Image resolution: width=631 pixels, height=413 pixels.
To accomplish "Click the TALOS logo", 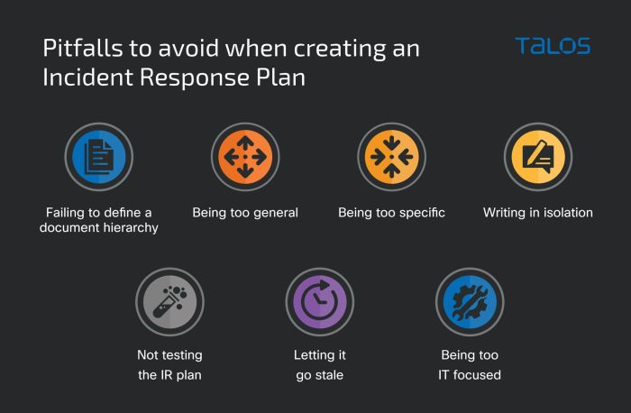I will click(552, 45).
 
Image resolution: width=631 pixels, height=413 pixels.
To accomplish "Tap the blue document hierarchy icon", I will click(98, 157).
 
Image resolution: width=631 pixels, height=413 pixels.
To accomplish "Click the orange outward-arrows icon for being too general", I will click(244, 157).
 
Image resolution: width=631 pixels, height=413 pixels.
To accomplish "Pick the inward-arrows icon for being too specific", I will click(391, 157).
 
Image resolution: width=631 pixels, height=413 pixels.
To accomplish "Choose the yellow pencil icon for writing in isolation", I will click(537, 157).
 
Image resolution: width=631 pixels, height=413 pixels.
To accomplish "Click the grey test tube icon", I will click(169, 301).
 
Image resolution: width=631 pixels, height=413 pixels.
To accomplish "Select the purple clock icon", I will click(319, 301).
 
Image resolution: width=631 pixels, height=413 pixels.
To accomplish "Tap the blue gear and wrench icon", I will click(470, 301).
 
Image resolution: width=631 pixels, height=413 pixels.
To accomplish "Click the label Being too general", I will click(245, 213).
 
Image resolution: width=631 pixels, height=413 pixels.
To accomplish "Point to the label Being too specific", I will click(391, 213).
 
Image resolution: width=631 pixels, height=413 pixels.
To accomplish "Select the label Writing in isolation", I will click(537, 213).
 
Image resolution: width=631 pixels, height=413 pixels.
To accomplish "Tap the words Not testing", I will click(169, 355).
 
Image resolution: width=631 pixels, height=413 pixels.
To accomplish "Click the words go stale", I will click(320, 374).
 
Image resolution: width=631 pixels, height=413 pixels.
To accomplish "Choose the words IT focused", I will click(470, 374).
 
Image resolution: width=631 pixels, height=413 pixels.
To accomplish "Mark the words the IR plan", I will click(169, 374).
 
